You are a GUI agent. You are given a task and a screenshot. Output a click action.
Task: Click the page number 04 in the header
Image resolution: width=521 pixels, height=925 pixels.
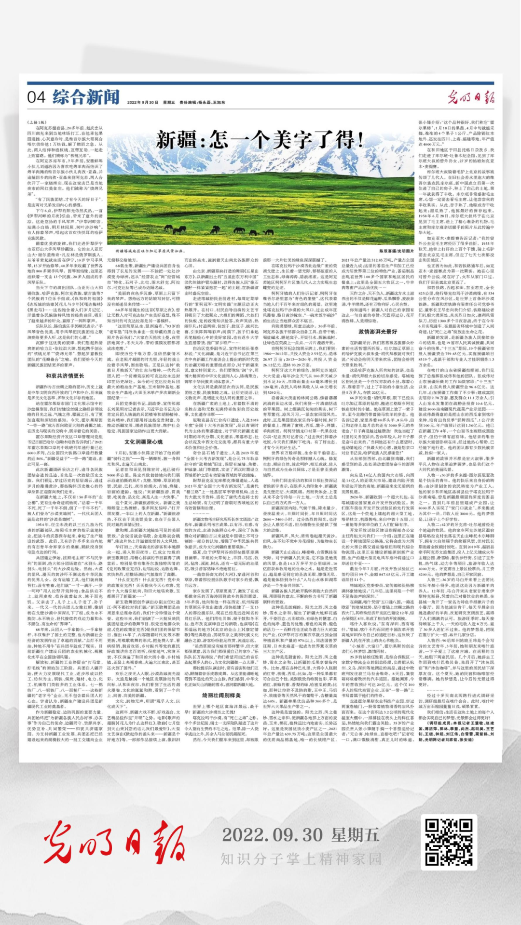coord(36,97)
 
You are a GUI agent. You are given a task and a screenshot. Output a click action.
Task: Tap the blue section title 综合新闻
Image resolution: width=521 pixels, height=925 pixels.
coord(86,97)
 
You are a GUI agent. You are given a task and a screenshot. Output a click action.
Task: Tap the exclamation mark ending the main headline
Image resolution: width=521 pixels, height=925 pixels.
coord(357,140)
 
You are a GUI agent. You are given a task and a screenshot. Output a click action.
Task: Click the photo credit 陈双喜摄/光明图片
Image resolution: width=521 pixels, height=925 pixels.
coord(396,251)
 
